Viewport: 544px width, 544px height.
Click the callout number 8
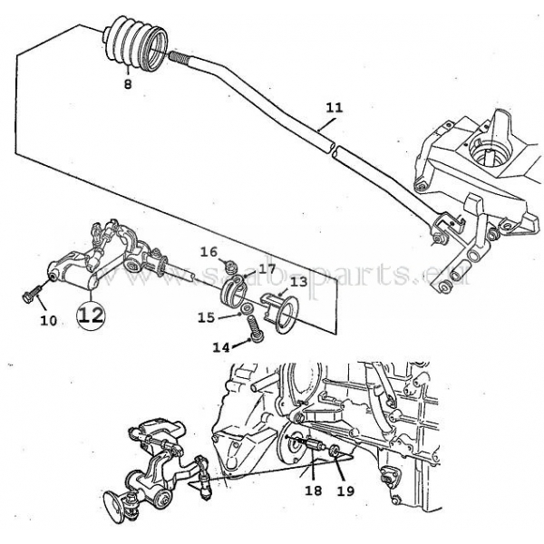tap(128, 84)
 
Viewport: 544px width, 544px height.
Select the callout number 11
tap(334, 107)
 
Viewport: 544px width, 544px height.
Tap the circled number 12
tap(91, 316)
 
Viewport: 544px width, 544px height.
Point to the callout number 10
tap(49, 321)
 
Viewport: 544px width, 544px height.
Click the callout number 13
tap(299, 282)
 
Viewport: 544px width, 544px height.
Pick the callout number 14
tap(221, 347)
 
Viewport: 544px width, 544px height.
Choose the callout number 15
tap(207, 317)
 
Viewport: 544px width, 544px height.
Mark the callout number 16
tap(209, 252)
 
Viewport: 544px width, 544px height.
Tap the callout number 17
tap(267, 269)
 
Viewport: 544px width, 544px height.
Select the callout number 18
tap(314, 491)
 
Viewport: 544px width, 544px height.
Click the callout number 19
tap(345, 491)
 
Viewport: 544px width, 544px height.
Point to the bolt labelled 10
tap(32, 294)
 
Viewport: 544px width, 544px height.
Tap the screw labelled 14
tap(256, 330)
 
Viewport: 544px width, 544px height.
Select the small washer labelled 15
tap(248, 307)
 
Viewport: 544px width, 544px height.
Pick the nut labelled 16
tap(229, 267)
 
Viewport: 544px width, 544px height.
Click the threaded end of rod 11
tap(180, 57)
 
